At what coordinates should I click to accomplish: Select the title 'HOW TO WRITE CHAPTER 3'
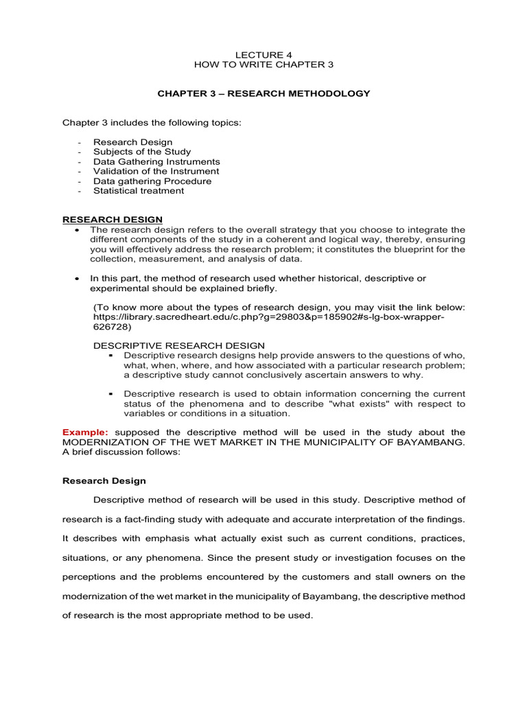point(264,64)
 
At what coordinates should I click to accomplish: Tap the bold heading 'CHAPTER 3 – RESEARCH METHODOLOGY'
point(264,93)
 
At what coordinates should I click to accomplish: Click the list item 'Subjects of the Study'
point(142,152)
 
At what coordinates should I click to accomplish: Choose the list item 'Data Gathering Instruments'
point(156,161)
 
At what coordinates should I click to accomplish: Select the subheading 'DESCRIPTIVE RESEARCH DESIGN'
point(178,345)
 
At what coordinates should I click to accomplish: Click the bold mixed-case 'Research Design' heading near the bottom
point(104,481)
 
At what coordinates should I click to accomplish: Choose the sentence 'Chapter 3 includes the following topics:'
point(152,122)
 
